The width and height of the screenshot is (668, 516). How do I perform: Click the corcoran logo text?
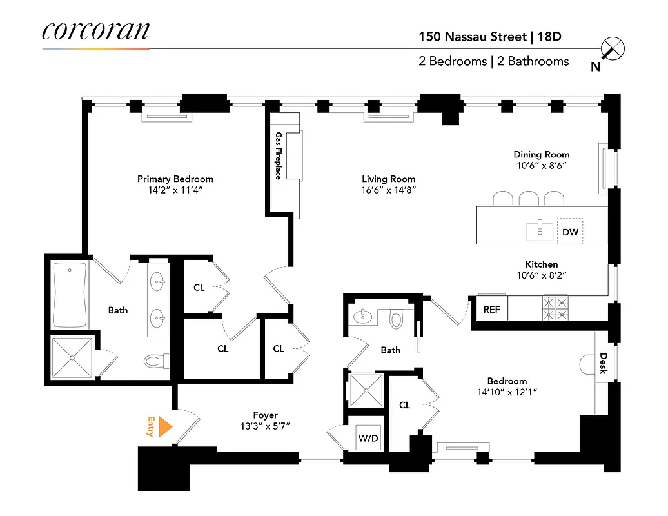pyautogui.click(x=95, y=30)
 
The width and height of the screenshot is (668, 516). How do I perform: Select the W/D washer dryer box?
pyautogui.click(x=368, y=437)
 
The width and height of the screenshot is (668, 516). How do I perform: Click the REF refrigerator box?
pyautogui.click(x=491, y=309)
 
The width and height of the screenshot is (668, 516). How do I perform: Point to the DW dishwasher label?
pyautogui.click(x=570, y=232)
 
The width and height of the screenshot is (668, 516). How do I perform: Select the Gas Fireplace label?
pyautogui.click(x=279, y=155)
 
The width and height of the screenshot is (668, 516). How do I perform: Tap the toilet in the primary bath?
pyautogui.click(x=155, y=361)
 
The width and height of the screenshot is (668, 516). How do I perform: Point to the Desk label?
pyautogui.click(x=604, y=363)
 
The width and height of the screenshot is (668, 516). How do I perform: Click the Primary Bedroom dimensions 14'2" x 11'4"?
pyautogui.click(x=175, y=190)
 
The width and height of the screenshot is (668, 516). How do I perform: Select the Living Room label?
pyautogui.click(x=388, y=179)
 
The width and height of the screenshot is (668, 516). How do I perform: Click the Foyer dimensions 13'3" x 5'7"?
pyautogui.click(x=265, y=426)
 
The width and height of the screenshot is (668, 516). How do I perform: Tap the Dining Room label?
pyautogui.click(x=541, y=154)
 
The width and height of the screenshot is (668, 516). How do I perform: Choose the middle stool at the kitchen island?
pyautogui.click(x=529, y=198)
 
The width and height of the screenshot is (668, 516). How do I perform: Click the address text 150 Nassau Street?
pyautogui.click(x=473, y=37)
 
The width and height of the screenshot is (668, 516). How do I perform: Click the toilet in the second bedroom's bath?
pyautogui.click(x=397, y=318)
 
